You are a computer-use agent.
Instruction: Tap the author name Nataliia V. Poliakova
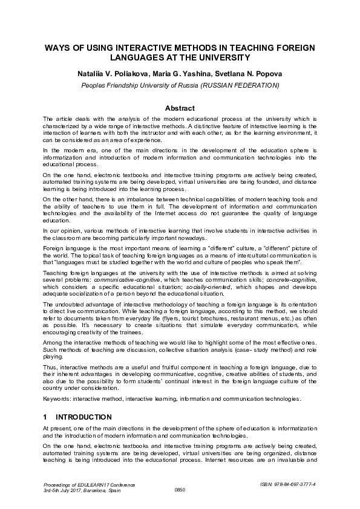(x=115, y=74)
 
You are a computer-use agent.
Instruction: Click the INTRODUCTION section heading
(x=83, y=417)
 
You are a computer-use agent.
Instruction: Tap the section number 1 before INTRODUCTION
(x=45, y=417)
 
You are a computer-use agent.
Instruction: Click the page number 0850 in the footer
(x=180, y=490)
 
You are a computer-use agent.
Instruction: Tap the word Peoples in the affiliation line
(x=94, y=85)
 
